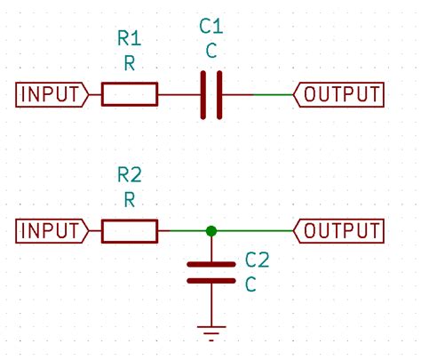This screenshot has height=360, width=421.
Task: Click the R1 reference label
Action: [x=130, y=38]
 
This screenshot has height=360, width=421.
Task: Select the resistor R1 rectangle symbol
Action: [x=130, y=93]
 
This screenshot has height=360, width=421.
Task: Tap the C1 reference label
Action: [x=210, y=29]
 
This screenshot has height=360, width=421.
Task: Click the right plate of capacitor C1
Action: [x=218, y=94]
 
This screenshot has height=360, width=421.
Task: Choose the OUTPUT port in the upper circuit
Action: [x=339, y=93]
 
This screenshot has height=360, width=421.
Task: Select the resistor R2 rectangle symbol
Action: [x=130, y=231]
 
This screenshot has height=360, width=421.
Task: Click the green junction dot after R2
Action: [x=210, y=231]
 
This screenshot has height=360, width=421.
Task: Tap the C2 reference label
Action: [x=257, y=260]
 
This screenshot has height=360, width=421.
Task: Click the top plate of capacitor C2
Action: [x=210, y=264]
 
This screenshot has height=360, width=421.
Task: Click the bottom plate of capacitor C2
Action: [x=210, y=280]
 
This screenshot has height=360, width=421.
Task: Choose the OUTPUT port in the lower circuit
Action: [x=339, y=231]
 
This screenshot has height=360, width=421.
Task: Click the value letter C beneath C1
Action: [x=210, y=52]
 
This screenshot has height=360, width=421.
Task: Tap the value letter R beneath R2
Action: [x=130, y=199]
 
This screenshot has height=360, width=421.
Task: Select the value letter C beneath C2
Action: [x=250, y=284]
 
